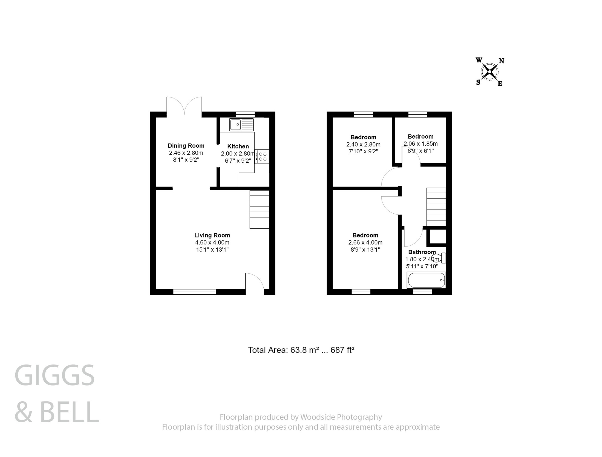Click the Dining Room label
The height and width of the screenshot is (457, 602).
point(186,146)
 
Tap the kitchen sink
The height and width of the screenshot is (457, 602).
point(241,124)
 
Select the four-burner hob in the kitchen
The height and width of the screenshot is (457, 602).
point(262,157)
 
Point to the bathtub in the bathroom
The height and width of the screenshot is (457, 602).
point(426,280)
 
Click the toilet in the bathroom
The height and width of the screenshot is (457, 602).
point(439,258)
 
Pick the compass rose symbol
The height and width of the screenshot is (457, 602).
point(490,72)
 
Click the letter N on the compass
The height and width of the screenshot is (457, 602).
point(501,61)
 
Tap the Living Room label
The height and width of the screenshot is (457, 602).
point(212,235)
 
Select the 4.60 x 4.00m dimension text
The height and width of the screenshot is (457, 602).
point(212,242)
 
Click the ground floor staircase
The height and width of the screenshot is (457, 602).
point(259,209)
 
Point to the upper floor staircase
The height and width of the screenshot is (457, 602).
point(436,207)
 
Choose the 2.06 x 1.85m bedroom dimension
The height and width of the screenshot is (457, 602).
point(420,144)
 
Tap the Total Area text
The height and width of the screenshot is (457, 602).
point(301,350)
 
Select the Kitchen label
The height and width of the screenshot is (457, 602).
point(238,146)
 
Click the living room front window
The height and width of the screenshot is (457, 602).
point(194,292)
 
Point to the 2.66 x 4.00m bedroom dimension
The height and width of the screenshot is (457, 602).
point(365,242)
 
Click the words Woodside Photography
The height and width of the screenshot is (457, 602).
point(341,417)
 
